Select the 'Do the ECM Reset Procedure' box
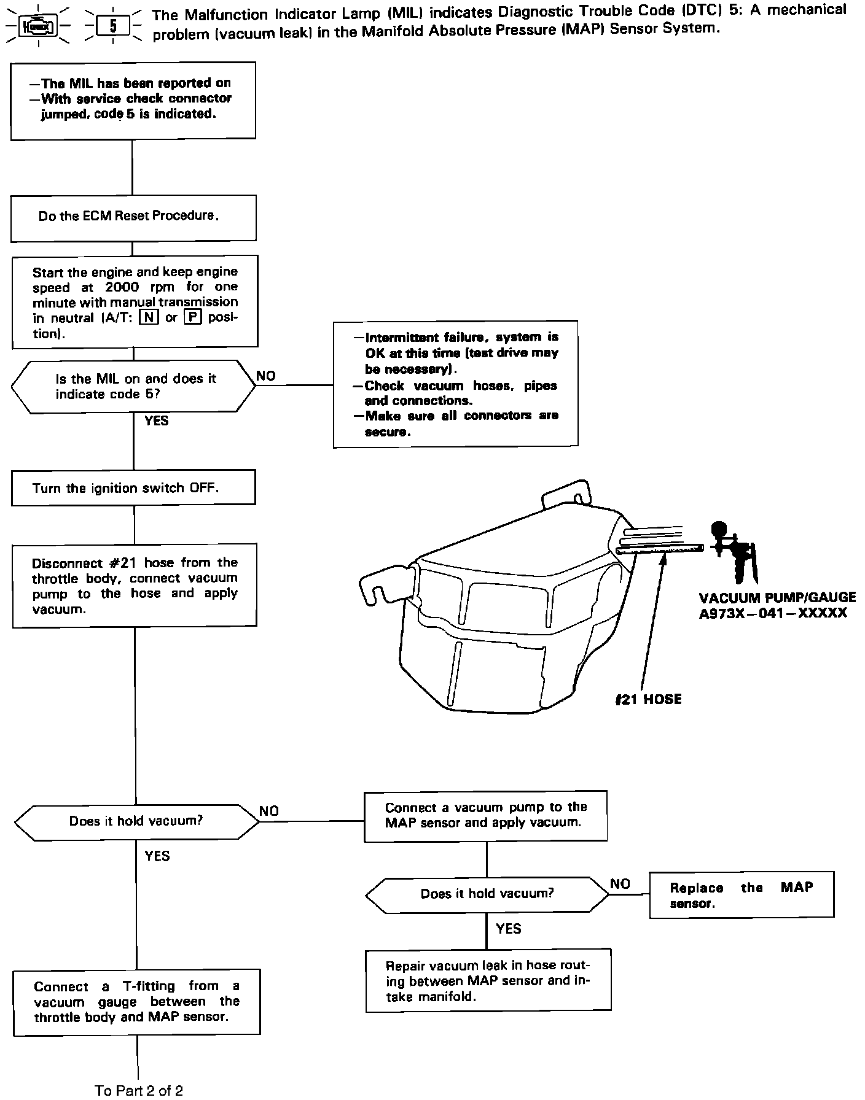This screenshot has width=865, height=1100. click(133, 218)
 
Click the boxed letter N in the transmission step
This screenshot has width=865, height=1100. click(148, 317)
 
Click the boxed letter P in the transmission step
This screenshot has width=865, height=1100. click(192, 317)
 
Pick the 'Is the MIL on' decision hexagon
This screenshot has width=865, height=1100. click(134, 387)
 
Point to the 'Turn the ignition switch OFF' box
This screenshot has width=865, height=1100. click(133, 488)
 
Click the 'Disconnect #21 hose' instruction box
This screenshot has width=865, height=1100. click(135, 586)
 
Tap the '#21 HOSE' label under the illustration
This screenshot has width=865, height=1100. click(649, 699)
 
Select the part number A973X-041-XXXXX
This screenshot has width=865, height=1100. click(773, 613)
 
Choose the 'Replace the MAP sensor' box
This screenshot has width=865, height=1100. click(742, 895)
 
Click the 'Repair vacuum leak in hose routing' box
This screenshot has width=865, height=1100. click(488, 981)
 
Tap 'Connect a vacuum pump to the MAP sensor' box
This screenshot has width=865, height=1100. click(485, 815)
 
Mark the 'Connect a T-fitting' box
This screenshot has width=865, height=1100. click(137, 1002)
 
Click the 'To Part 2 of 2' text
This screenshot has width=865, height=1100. click(139, 1090)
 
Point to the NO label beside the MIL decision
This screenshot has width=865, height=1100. click(266, 376)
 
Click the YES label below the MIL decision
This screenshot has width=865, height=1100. click(156, 420)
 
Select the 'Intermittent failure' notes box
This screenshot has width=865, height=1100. click(455, 384)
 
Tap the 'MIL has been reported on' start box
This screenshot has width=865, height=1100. click(133, 100)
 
